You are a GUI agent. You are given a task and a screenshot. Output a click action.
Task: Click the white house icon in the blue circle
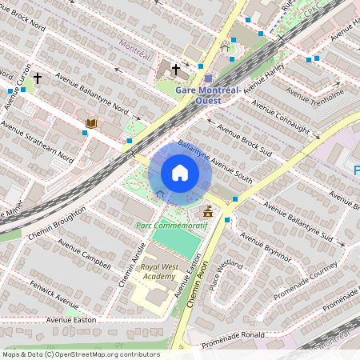[x=180, y=173]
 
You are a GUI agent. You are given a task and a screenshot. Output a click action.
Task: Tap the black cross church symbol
[x=175, y=70]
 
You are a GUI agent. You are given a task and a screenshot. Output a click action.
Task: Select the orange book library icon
[x=91, y=123]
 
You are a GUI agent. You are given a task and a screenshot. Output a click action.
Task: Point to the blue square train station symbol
[x=208, y=78]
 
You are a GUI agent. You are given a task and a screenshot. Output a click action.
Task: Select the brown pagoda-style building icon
[x=209, y=211]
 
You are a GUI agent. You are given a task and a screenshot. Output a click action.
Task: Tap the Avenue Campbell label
[x=83, y=255]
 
